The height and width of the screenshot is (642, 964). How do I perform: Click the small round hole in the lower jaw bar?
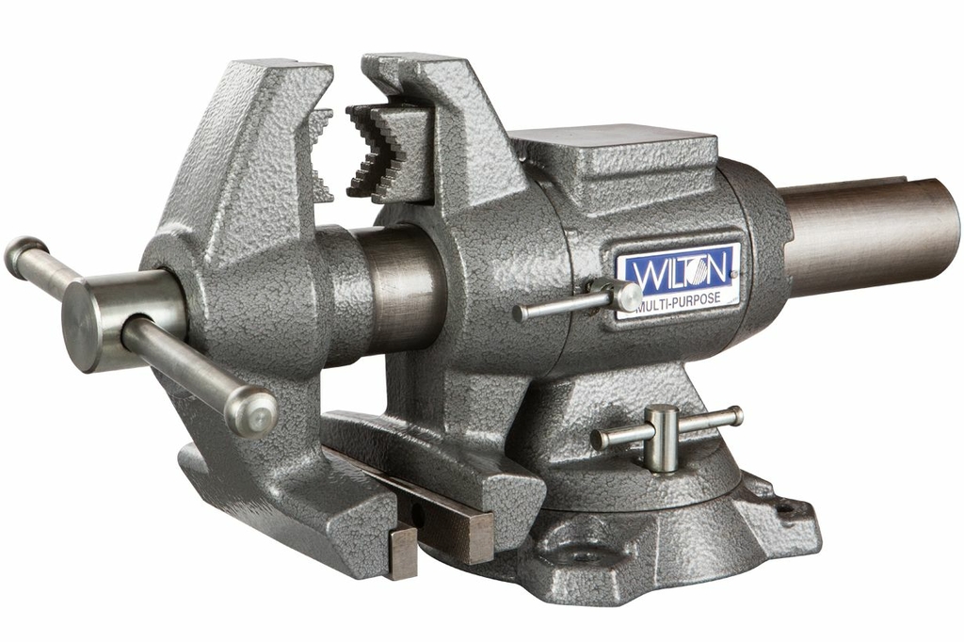[416, 514]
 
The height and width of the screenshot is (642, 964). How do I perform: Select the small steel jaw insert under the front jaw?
[401, 550]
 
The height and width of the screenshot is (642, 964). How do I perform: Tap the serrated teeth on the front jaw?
[322, 155]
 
